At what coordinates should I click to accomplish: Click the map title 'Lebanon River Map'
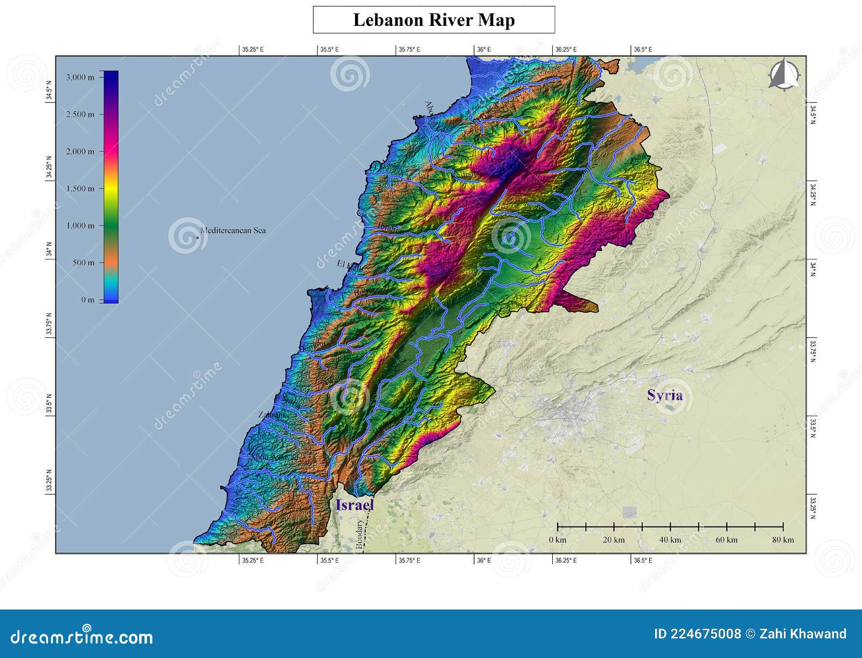[434, 20]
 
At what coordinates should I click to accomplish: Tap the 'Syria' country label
[665, 395]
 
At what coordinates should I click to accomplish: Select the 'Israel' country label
[354, 505]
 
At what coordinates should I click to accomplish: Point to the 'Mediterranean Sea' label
[233, 230]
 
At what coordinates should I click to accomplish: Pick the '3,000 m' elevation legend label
[80, 77]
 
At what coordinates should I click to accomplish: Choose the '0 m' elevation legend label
[88, 300]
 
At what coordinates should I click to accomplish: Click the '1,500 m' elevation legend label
[80, 189]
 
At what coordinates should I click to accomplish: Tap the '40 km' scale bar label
[670, 539]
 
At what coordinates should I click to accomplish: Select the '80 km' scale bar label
[783, 539]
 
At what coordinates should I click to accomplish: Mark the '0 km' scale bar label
[558, 539]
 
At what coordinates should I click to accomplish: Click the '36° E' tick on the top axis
[484, 49]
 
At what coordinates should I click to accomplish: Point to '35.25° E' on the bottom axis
[253, 560]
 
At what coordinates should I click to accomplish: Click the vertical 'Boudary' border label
[359, 534]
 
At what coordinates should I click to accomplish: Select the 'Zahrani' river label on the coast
[271, 414]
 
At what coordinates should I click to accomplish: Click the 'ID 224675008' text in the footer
[697, 634]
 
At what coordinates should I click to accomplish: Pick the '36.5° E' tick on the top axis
[643, 49]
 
